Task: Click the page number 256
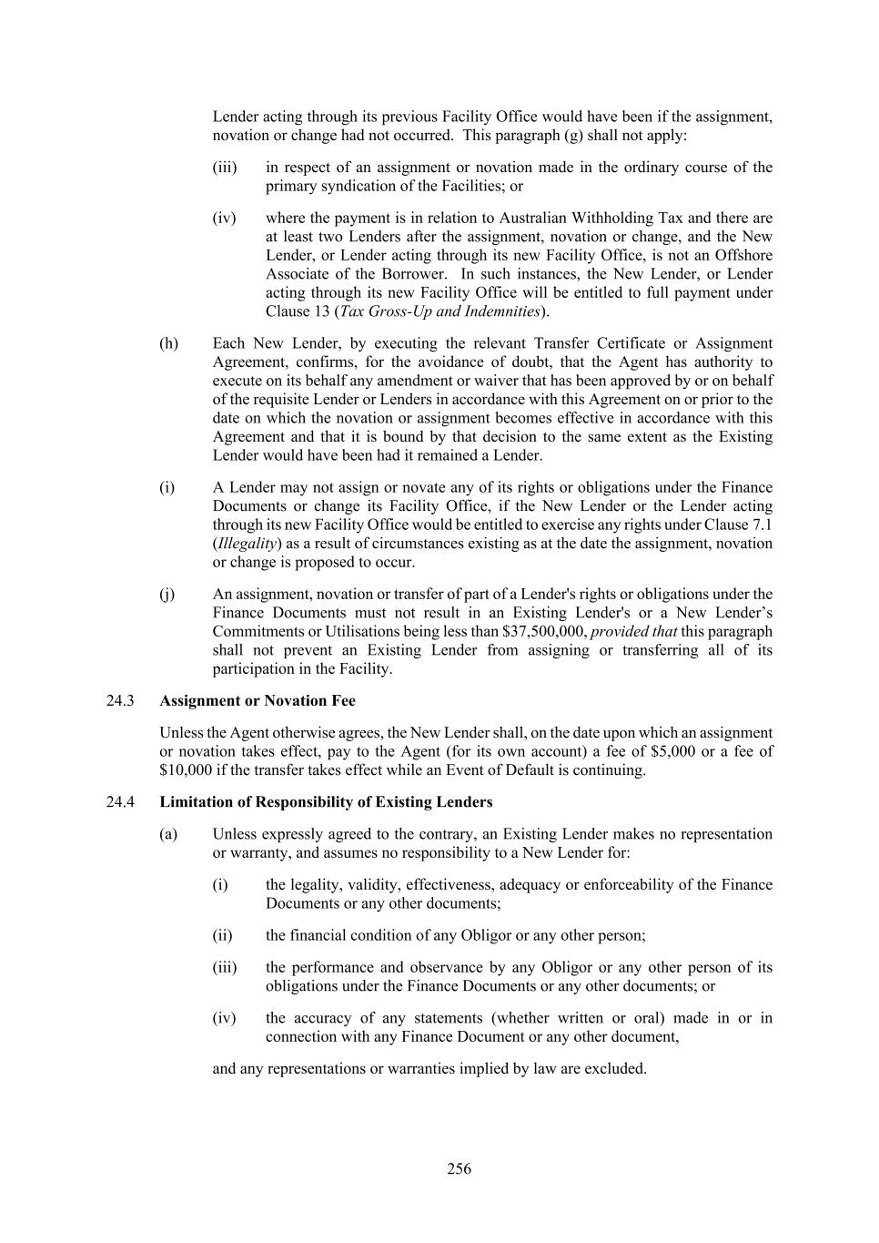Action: click(459, 1169)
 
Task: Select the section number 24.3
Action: click(120, 701)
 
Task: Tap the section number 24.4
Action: click(120, 802)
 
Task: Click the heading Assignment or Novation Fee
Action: click(258, 701)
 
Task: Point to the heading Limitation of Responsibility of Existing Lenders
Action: click(326, 802)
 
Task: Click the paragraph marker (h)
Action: click(168, 343)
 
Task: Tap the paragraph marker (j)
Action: click(167, 595)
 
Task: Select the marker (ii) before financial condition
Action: click(222, 935)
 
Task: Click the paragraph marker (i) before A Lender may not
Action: click(167, 488)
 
